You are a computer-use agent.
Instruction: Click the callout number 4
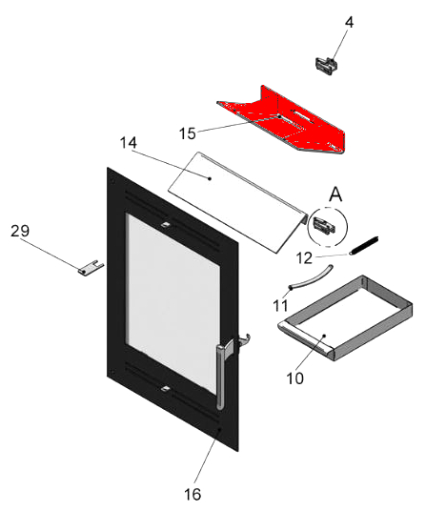point(349,22)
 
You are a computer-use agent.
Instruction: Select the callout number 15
point(188,133)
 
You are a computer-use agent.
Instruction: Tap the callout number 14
point(129,143)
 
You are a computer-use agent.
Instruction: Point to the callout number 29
point(20,231)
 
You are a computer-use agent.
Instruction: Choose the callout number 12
point(304,258)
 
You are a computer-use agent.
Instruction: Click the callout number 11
point(280,306)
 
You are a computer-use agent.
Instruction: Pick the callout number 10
point(295,378)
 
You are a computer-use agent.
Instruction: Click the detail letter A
point(335,194)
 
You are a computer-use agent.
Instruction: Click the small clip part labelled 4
point(326,66)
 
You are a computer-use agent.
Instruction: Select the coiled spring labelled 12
point(364,245)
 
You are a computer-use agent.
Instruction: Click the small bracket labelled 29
point(91,267)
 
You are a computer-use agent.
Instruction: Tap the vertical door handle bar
point(220,378)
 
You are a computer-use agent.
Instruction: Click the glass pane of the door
point(172,303)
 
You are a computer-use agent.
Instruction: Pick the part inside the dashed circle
point(324,226)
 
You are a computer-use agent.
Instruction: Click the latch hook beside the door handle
point(244,340)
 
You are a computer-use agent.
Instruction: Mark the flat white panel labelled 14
point(237,202)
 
